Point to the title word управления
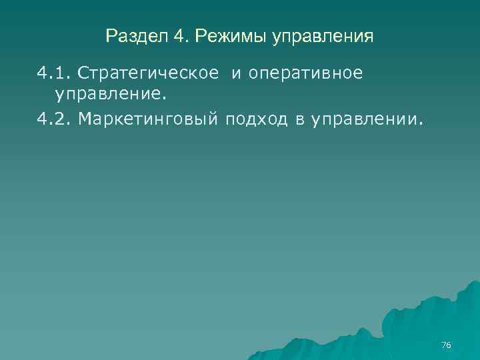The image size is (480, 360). (x=323, y=36)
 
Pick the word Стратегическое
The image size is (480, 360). (x=148, y=73)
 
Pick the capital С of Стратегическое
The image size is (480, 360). (x=83, y=73)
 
